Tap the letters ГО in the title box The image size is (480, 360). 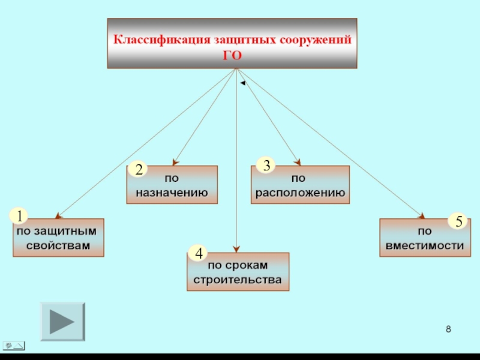click(x=232, y=55)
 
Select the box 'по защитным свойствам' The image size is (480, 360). click(x=58, y=238)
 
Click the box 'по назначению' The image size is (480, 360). click(x=172, y=185)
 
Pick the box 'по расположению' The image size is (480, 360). click(x=299, y=185)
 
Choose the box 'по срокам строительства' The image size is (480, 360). click(x=238, y=272)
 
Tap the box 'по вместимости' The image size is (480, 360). click(x=425, y=238)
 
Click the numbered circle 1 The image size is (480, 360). click(x=20, y=216)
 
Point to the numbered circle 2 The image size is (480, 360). click(x=139, y=170)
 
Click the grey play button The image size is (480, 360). click(x=62, y=322)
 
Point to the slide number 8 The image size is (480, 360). click(x=449, y=330)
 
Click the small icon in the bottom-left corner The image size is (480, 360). click(x=14, y=344)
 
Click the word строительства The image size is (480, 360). click(x=238, y=280)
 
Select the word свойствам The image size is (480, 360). click(x=58, y=245)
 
